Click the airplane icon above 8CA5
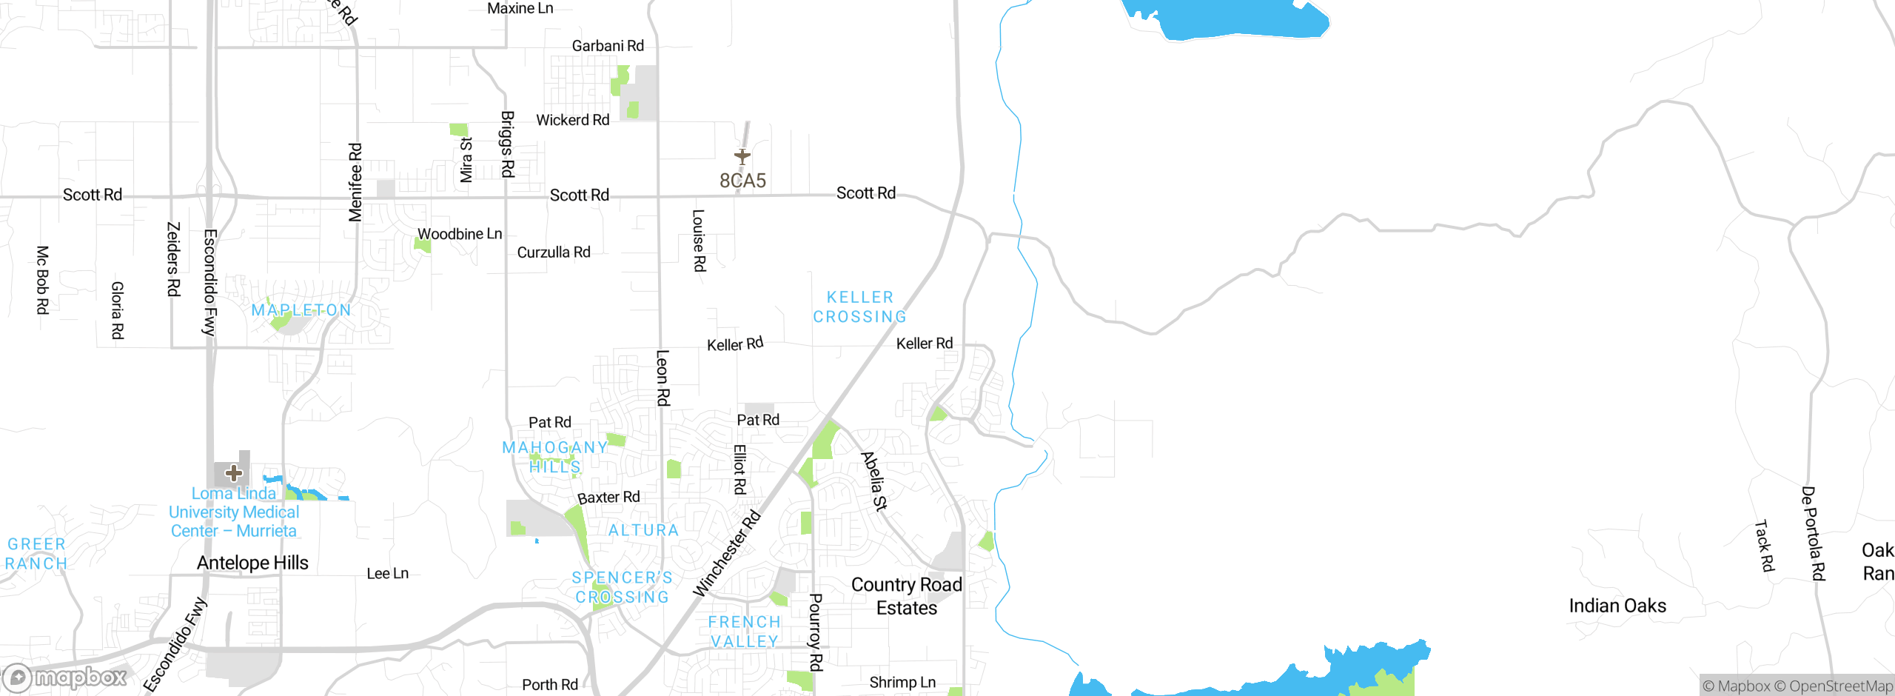[x=742, y=156]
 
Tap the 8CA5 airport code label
[x=742, y=181]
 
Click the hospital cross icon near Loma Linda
[x=234, y=473]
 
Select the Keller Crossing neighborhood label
[x=859, y=307]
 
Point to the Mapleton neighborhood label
[x=301, y=310]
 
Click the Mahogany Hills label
[x=555, y=457]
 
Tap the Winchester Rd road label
[x=726, y=553]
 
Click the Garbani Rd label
[x=608, y=46]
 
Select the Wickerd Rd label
[x=572, y=120]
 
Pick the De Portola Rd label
[x=1813, y=533]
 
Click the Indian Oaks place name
[x=1617, y=606]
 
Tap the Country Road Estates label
[x=907, y=596]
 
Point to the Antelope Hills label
[x=252, y=563]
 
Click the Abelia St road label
[x=873, y=481]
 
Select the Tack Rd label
[x=1765, y=546]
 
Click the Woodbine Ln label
[x=460, y=234]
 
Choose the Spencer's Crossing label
[x=622, y=587]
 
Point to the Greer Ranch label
[x=36, y=554]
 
